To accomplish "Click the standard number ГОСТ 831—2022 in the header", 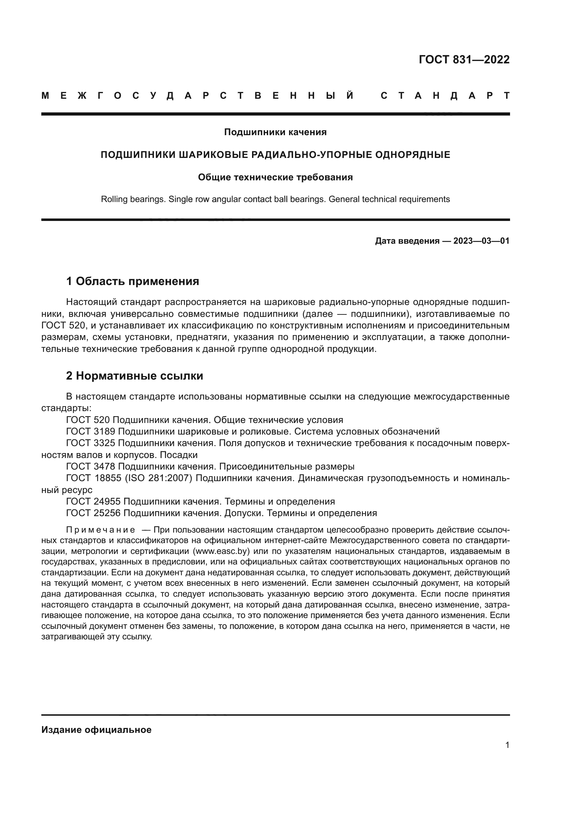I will click(x=464, y=60).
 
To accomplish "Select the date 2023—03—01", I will click(x=481, y=241).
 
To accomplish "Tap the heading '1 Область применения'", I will click(x=133, y=282).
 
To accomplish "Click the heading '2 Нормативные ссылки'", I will click(x=134, y=376).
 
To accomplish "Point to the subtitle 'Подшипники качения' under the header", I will click(x=275, y=132).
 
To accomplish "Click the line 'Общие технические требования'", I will click(x=275, y=177).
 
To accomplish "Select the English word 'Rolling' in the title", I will click(x=114, y=199).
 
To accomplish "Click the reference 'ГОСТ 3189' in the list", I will click(x=91, y=432).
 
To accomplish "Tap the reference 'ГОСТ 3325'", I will click(x=91, y=443).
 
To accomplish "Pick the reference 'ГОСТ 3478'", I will click(x=91, y=466).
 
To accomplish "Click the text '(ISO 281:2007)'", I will click(x=158, y=478).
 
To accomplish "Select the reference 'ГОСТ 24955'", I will click(x=93, y=501).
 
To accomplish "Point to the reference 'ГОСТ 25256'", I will click(x=93, y=513).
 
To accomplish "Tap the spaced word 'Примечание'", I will click(x=100, y=530).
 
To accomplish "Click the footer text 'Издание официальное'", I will click(x=96, y=730).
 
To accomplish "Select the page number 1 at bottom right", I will click(x=507, y=745).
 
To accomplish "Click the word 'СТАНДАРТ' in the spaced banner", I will click(x=445, y=96).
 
